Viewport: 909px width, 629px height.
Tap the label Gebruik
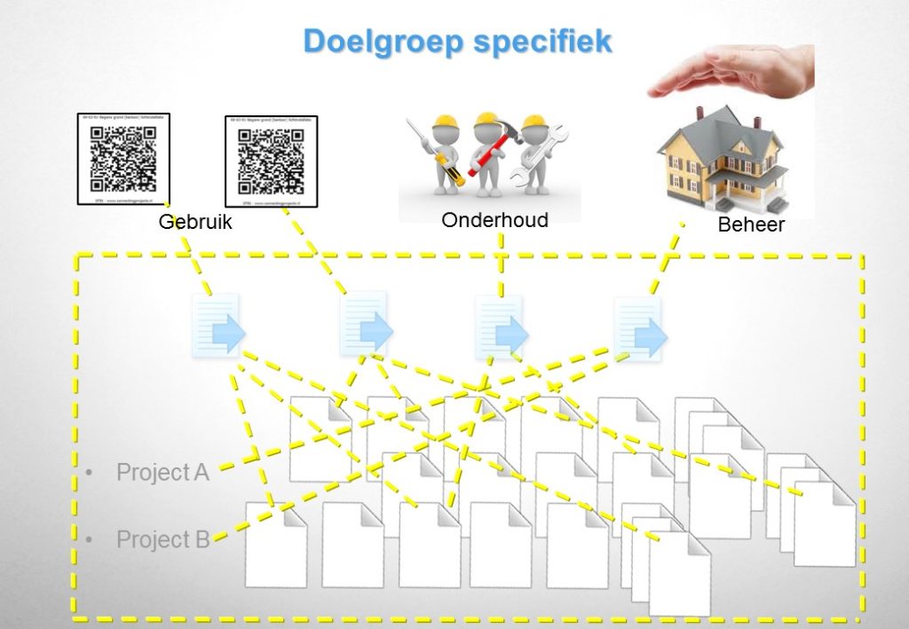click(195, 222)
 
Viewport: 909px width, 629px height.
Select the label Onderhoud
click(494, 220)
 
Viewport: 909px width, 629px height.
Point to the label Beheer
click(751, 225)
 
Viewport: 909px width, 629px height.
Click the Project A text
click(162, 472)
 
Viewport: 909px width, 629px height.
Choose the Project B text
click(162, 539)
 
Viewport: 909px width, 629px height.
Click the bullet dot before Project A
click(89, 472)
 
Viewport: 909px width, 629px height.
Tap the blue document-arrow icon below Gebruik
click(218, 327)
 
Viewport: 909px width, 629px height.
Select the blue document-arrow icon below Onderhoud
click(502, 328)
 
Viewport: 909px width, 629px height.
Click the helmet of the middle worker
click(486, 119)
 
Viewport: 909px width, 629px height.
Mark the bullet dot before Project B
click(89, 539)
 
